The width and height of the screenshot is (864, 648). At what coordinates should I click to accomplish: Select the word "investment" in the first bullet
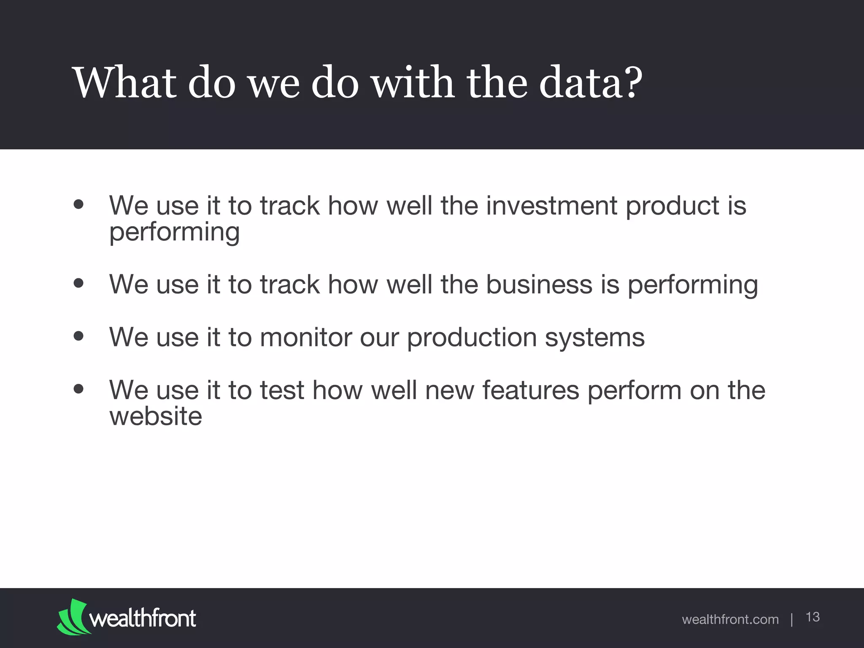click(551, 206)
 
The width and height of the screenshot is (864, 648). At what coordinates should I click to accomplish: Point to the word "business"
click(539, 284)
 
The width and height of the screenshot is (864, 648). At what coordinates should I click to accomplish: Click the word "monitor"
click(305, 337)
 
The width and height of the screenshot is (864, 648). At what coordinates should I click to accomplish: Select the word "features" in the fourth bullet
click(531, 390)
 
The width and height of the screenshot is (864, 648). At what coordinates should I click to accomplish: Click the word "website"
click(156, 416)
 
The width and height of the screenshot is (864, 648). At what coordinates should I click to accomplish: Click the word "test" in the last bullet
click(282, 390)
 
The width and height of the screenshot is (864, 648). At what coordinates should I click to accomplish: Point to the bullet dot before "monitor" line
click(78, 336)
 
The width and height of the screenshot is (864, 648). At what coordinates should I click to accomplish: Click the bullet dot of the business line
click(78, 283)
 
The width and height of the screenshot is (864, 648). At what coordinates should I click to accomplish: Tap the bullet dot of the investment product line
click(78, 205)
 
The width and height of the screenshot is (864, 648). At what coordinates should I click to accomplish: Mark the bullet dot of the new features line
click(78, 389)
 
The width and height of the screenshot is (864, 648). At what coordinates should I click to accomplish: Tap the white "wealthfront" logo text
click(143, 618)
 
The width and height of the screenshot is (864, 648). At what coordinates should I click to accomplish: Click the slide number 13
click(813, 617)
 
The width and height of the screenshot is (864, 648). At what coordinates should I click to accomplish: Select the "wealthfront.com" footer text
click(730, 619)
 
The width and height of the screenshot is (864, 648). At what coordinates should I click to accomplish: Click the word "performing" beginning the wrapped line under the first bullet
click(174, 233)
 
